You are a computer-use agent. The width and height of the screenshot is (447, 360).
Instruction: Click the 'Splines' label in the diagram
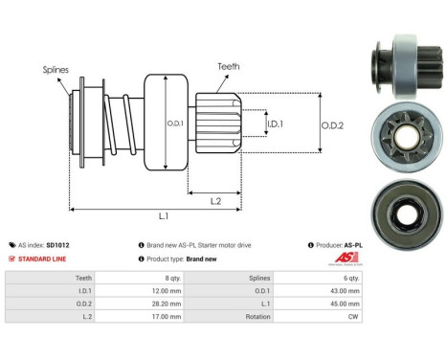[55, 69]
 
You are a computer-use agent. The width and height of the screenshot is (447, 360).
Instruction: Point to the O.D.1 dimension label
[176, 123]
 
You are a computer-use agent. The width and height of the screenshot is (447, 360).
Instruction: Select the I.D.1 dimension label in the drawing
[274, 124]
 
